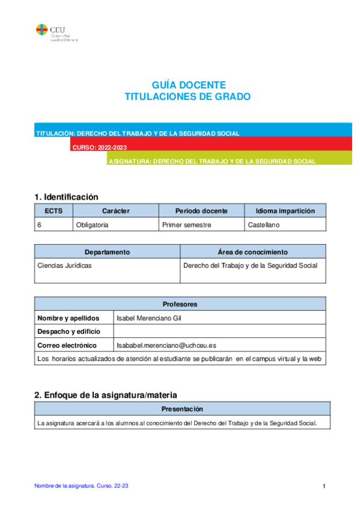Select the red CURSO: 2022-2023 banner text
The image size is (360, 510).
99,147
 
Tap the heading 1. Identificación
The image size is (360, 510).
66,197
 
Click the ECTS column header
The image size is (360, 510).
53,210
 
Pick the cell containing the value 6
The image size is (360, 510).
40,225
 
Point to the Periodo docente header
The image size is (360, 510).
201,210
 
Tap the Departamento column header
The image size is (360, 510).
107,251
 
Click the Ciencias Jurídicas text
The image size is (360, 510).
65,265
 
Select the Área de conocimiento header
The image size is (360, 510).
252,251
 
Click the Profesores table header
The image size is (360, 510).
180,304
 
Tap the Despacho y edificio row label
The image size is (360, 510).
69,331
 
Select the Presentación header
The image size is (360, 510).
182,409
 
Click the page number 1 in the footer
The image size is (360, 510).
323,486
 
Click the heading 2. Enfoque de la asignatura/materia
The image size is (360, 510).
106,395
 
